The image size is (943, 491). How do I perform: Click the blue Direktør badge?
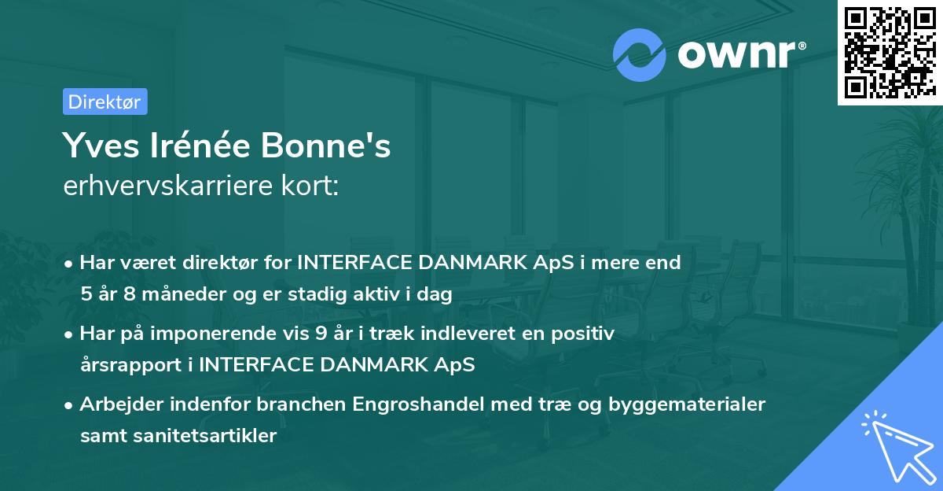pyautogui.click(x=105, y=102)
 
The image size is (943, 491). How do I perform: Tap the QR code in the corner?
pyautogui.click(x=890, y=53)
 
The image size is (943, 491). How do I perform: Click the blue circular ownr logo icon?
pyautogui.click(x=639, y=55)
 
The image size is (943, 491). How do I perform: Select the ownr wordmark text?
pyautogui.click(x=742, y=54)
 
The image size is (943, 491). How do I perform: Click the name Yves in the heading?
pyautogui.click(x=101, y=146)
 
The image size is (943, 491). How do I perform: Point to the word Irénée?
pyautogui.click(x=200, y=145)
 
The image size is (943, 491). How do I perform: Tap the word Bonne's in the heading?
pyautogui.click(x=326, y=145)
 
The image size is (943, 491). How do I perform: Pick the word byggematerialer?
pyautogui.click(x=687, y=404)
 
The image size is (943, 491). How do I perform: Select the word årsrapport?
pyautogui.click(x=131, y=365)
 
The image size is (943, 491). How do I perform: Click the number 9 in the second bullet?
pyautogui.click(x=321, y=334)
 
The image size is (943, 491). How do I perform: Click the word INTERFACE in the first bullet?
pyautogui.click(x=354, y=263)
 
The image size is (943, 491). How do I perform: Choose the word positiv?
pyautogui.click(x=583, y=334)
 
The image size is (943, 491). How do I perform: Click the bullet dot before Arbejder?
pyautogui.click(x=68, y=406)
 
